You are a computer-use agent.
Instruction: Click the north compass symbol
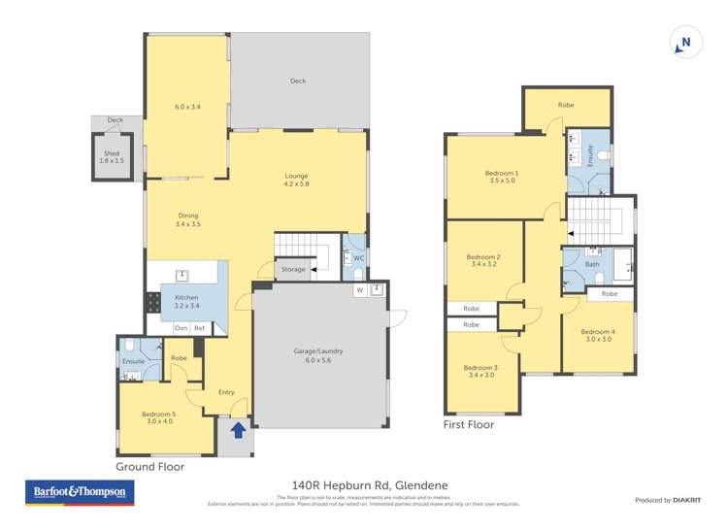pyautogui.click(x=684, y=43)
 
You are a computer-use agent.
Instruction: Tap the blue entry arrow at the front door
pyautogui.click(x=238, y=428)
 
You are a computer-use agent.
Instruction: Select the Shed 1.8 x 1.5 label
pyautogui.click(x=112, y=156)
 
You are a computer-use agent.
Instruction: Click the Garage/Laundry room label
pyautogui.click(x=318, y=355)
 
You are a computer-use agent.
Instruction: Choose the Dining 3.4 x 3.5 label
pyautogui.click(x=188, y=220)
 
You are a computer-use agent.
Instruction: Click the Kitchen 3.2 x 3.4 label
pyautogui.click(x=186, y=302)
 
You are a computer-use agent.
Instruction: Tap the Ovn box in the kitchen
pyautogui.click(x=182, y=328)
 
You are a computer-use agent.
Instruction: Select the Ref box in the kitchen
pyautogui.click(x=200, y=328)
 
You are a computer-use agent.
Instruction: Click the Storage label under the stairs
pyautogui.click(x=293, y=269)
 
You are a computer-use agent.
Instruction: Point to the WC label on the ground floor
pyautogui.click(x=358, y=257)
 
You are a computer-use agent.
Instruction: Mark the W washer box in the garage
pyautogui.click(x=358, y=289)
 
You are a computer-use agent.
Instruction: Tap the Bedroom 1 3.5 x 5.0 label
pyautogui.click(x=502, y=177)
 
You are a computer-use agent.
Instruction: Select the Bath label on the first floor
pyautogui.click(x=592, y=263)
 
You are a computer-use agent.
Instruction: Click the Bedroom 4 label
pyautogui.click(x=599, y=335)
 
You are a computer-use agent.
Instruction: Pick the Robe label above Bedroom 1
pyautogui.click(x=566, y=105)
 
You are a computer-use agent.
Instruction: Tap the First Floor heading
pyautogui.click(x=469, y=424)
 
